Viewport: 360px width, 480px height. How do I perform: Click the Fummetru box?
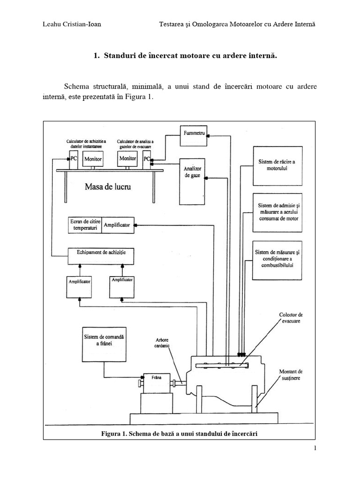click(194, 133)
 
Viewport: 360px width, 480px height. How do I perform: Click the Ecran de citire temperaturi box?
click(85, 225)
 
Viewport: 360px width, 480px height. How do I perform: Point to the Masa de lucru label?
click(108, 187)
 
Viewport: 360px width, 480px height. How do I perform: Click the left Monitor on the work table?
click(93, 159)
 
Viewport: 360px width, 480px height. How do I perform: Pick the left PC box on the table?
click(74, 159)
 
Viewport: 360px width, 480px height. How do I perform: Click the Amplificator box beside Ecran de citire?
click(117, 225)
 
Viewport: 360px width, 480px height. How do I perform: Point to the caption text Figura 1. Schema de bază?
click(180, 433)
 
